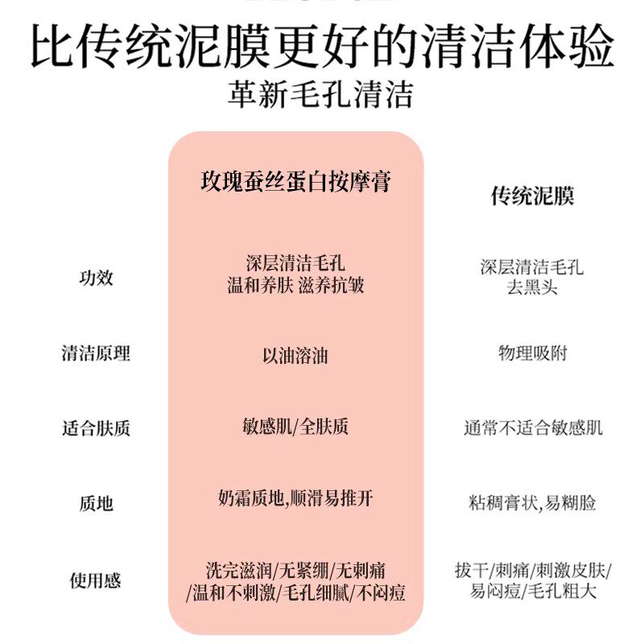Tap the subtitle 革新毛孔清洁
(321, 96)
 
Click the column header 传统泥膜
(532, 196)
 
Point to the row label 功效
(96, 278)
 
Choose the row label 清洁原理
(96, 353)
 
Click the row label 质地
(96, 504)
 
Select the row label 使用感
(96, 580)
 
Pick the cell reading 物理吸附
(532, 353)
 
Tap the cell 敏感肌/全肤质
(295, 427)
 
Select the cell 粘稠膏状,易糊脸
(532, 504)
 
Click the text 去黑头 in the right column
(532, 287)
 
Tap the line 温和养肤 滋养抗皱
(295, 286)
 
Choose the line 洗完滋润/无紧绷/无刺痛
(295, 571)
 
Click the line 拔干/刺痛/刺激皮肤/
(532, 571)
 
